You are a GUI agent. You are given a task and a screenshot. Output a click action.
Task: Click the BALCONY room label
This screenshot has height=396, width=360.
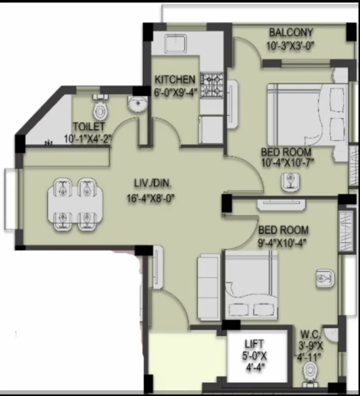[291, 33]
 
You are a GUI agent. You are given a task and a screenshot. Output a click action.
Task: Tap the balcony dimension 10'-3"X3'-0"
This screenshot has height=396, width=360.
[290, 45]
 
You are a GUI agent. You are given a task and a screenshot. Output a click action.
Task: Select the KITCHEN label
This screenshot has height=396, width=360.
[175, 80]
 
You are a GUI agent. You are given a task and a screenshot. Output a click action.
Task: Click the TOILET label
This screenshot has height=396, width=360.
[89, 126]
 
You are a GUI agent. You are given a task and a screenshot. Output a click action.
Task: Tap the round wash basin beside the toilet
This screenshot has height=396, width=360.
[137, 105]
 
